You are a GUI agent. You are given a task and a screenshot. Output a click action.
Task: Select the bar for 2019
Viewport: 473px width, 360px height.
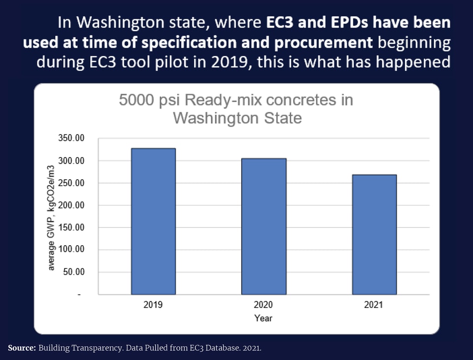153,221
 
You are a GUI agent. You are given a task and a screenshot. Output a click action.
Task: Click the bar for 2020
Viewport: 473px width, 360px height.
264,226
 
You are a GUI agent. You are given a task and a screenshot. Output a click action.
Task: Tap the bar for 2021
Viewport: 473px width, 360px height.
374,234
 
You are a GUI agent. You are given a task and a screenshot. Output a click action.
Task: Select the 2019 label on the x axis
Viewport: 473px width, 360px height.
153,305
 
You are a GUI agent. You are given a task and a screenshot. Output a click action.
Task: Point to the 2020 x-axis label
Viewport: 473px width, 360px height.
264,305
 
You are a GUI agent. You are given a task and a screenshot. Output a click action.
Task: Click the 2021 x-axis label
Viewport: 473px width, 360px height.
373,305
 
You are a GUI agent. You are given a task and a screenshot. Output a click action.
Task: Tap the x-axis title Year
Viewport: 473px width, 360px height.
264,318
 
